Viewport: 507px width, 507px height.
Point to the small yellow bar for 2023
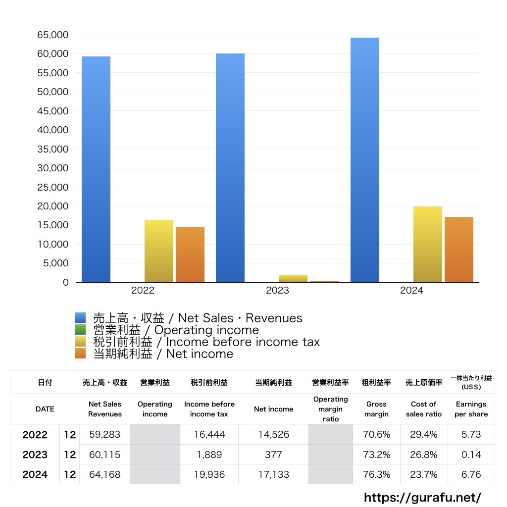point(293,278)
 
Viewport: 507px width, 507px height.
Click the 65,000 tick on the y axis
point(52,35)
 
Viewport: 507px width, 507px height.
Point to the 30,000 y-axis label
point(52,168)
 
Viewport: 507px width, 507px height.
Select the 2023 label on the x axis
point(277,291)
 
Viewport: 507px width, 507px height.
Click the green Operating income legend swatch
point(81,330)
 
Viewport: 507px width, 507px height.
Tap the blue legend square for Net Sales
point(81,318)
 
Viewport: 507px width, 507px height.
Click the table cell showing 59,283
point(105,435)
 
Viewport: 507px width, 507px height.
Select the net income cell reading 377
point(273,455)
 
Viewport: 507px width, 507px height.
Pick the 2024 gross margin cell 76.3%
point(376,474)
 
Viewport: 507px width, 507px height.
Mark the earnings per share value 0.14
point(471,455)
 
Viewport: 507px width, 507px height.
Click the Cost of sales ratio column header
point(424,409)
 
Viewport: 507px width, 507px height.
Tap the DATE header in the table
point(45,409)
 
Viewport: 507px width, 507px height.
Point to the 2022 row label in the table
point(35,435)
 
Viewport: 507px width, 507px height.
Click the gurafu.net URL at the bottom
point(422,497)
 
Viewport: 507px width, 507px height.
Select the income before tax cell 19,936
point(209,474)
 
